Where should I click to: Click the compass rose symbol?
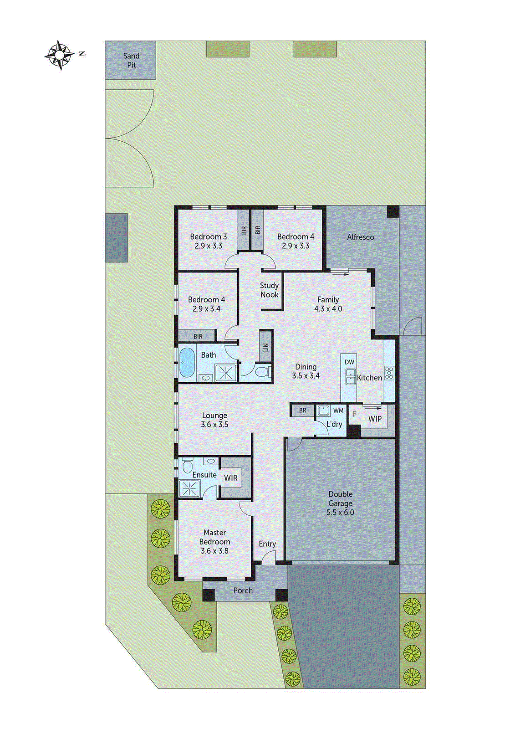pyautogui.click(x=60, y=55)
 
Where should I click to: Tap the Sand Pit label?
pyautogui.click(x=131, y=60)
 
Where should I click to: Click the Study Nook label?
pyautogui.click(x=269, y=290)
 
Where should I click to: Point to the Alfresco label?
pyautogui.click(x=360, y=237)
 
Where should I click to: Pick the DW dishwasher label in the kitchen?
pyautogui.click(x=349, y=362)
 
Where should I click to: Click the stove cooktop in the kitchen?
pyautogui.click(x=389, y=373)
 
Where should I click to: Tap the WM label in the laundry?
pyautogui.click(x=338, y=411)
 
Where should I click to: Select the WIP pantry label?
pyautogui.click(x=375, y=419)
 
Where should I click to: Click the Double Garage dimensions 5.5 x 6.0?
pyautogui.click(x=340, y=512)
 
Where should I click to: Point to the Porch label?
pyautogui.click(x=243, y=590)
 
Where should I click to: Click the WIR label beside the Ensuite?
pyautogui.click(x=230, y=478)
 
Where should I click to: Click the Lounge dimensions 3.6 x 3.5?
pyautogui.click(x=214, y=424)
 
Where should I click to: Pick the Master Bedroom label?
pyautogui.click(x=214, y=537)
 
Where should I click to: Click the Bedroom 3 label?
pyautogui.click(x=208, y=236)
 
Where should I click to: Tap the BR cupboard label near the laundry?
pyautogui.click(x=303, y=411)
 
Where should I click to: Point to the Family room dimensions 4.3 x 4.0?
pyautogui.click(x=328, y=308)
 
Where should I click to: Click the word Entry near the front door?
pyautogui.click(x=267, y=544)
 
